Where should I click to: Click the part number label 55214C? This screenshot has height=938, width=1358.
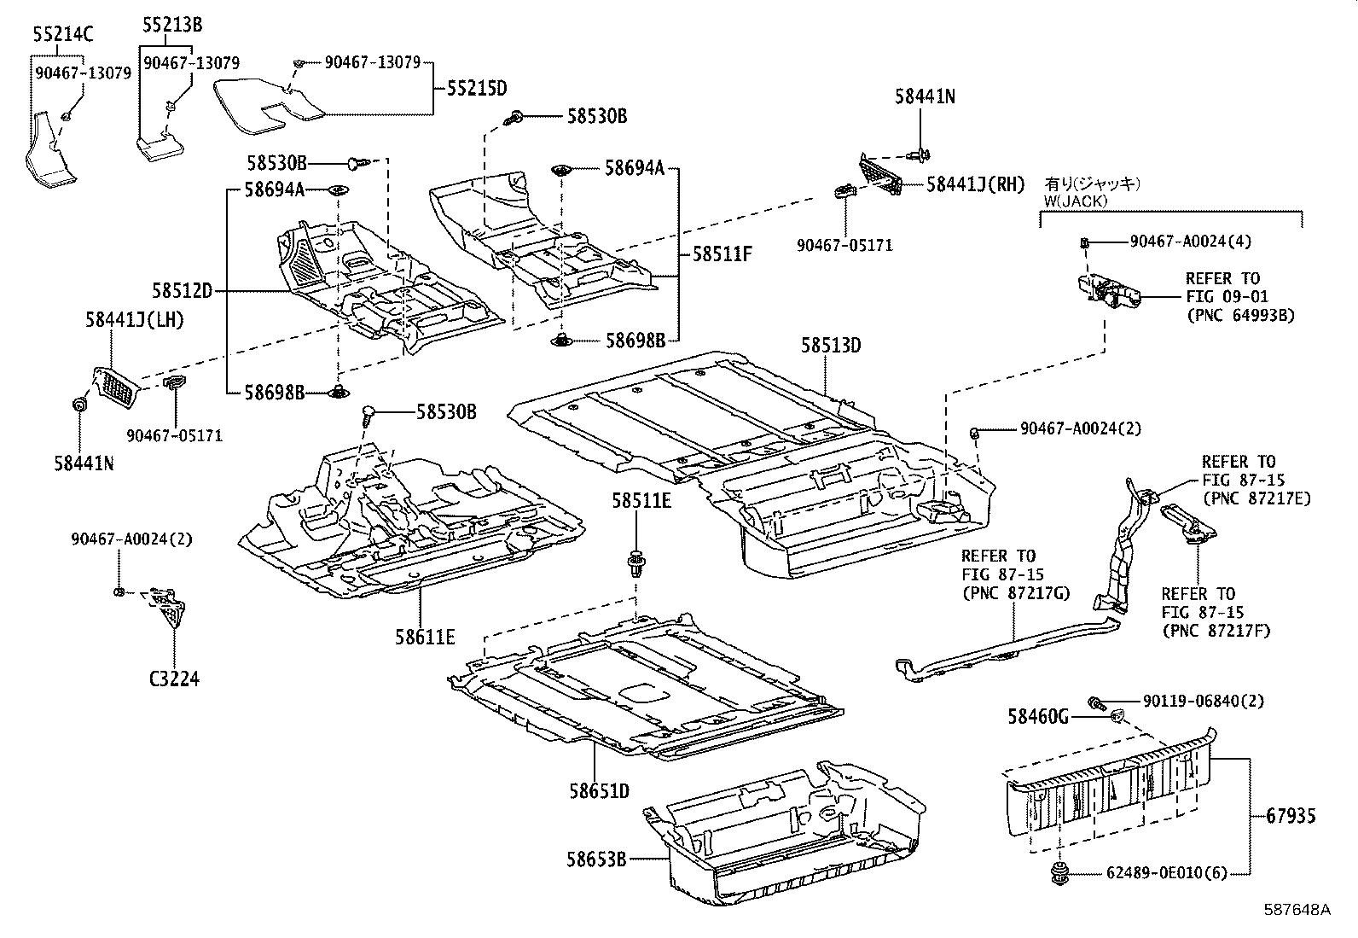[x=63, y=35]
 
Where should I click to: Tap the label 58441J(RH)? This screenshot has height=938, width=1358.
[x=975, y=184]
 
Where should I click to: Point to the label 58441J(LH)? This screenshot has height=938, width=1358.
[x=134, y=320]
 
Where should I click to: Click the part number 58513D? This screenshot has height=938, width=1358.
[x=831, y=345]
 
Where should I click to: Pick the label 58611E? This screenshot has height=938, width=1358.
[x=425, y=636]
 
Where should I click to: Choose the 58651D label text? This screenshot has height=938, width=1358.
[x=600, y=791]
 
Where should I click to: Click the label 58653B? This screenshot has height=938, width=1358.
[x=595, y=859]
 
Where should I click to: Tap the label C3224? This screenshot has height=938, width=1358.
[x=174, y=679]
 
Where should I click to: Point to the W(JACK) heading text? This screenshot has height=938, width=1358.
[x=1077, y=201]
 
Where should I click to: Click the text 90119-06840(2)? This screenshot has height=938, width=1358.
[x=1192, y=701]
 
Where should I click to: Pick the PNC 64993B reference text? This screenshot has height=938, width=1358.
[x=1240, y=315]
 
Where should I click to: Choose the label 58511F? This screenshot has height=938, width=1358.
[x=722, y=253]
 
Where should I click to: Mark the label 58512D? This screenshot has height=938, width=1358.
[x=183, y=291]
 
